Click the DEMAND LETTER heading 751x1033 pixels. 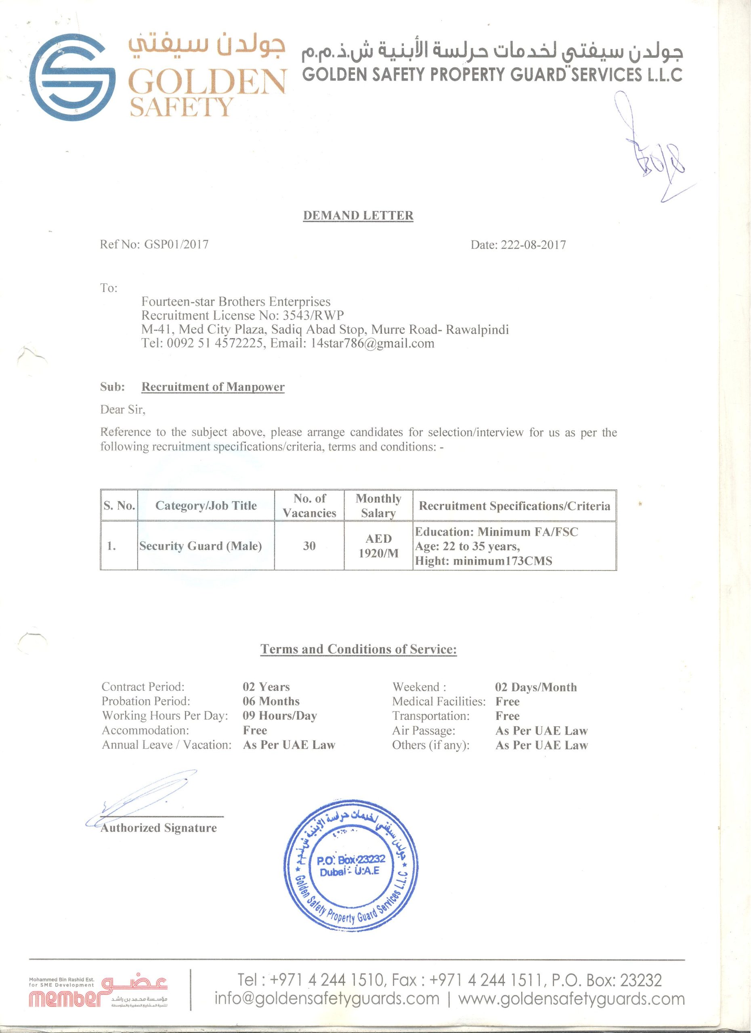click(x=358, y=215)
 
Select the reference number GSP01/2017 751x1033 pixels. click(x=176, y=245)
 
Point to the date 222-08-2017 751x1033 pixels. click(x=533, y=245)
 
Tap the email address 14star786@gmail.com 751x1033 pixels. click(x=372, y=343)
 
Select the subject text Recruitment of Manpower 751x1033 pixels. click(x=213, y=387)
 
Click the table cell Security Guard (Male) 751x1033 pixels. click(x=201, y=546)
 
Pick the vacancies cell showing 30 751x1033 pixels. click(x=309, y=546)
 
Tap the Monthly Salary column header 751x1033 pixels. click(x=378, y=506)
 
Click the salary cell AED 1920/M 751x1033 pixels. click(x=378, y=546)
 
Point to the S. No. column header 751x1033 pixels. click(x=119, y=506)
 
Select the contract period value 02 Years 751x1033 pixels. click(x=266, y=687)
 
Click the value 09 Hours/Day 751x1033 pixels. click(x=279, y=716)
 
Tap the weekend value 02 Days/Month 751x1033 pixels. click(x=535, y=687)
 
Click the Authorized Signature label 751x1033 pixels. click(x=159, y=828)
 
